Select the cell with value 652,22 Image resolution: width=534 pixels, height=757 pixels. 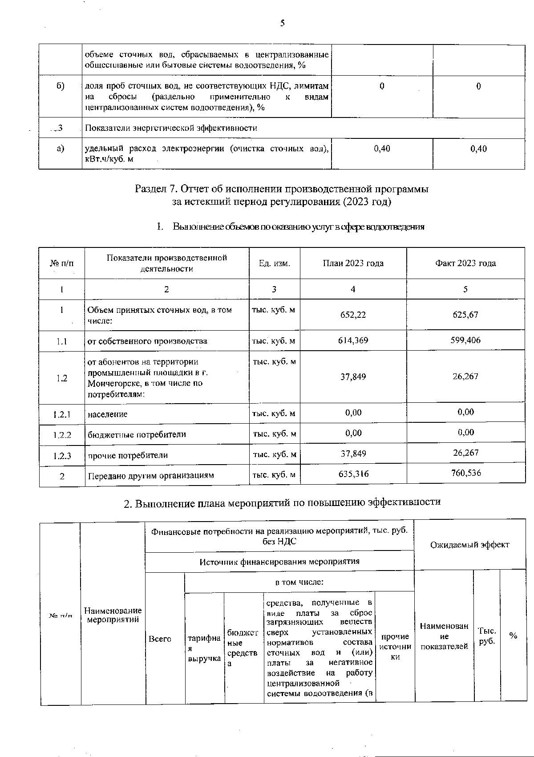point(353,315)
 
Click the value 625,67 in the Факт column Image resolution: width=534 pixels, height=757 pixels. point(465,315)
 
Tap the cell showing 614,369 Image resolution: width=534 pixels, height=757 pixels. point(353,340)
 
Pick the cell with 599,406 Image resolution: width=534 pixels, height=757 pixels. point(465,340)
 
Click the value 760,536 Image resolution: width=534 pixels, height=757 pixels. point(465,473)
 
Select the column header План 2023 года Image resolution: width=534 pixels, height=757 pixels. point(353,263)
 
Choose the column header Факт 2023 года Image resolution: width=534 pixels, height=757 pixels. point(465,263)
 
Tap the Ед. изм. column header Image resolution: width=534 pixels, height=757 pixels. point(275,263)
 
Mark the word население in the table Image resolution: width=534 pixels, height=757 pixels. point(107,414)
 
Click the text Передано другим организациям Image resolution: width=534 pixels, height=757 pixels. point(150,476)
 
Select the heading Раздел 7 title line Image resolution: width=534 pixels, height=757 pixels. point(281,189)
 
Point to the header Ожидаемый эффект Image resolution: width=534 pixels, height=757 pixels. point(469,544)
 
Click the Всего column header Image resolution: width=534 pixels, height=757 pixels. point(160,639)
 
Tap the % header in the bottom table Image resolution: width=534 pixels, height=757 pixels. point(513,636)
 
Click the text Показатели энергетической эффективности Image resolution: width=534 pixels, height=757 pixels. point(171,128)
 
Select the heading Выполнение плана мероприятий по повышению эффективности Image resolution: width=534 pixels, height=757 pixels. point(282,502)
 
